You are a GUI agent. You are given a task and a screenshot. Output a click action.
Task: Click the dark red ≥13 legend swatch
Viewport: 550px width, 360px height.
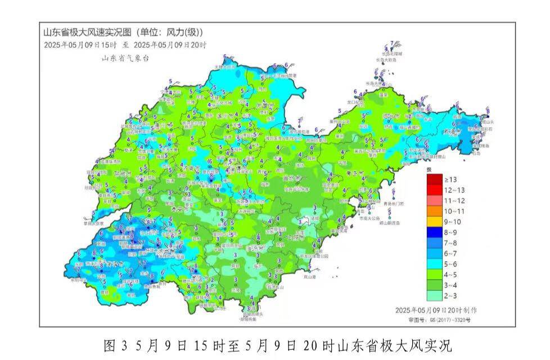(x=434, y=179)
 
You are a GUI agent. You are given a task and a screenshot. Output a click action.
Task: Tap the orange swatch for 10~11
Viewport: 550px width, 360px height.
(x=434, y=211)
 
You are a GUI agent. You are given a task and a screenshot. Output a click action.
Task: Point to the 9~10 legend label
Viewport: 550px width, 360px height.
(x=454, y=222)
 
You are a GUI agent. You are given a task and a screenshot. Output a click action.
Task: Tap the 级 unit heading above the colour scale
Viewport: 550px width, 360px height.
(x=429, y=169)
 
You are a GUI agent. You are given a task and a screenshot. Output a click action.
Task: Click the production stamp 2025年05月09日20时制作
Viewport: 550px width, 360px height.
(x=436, y=310)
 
